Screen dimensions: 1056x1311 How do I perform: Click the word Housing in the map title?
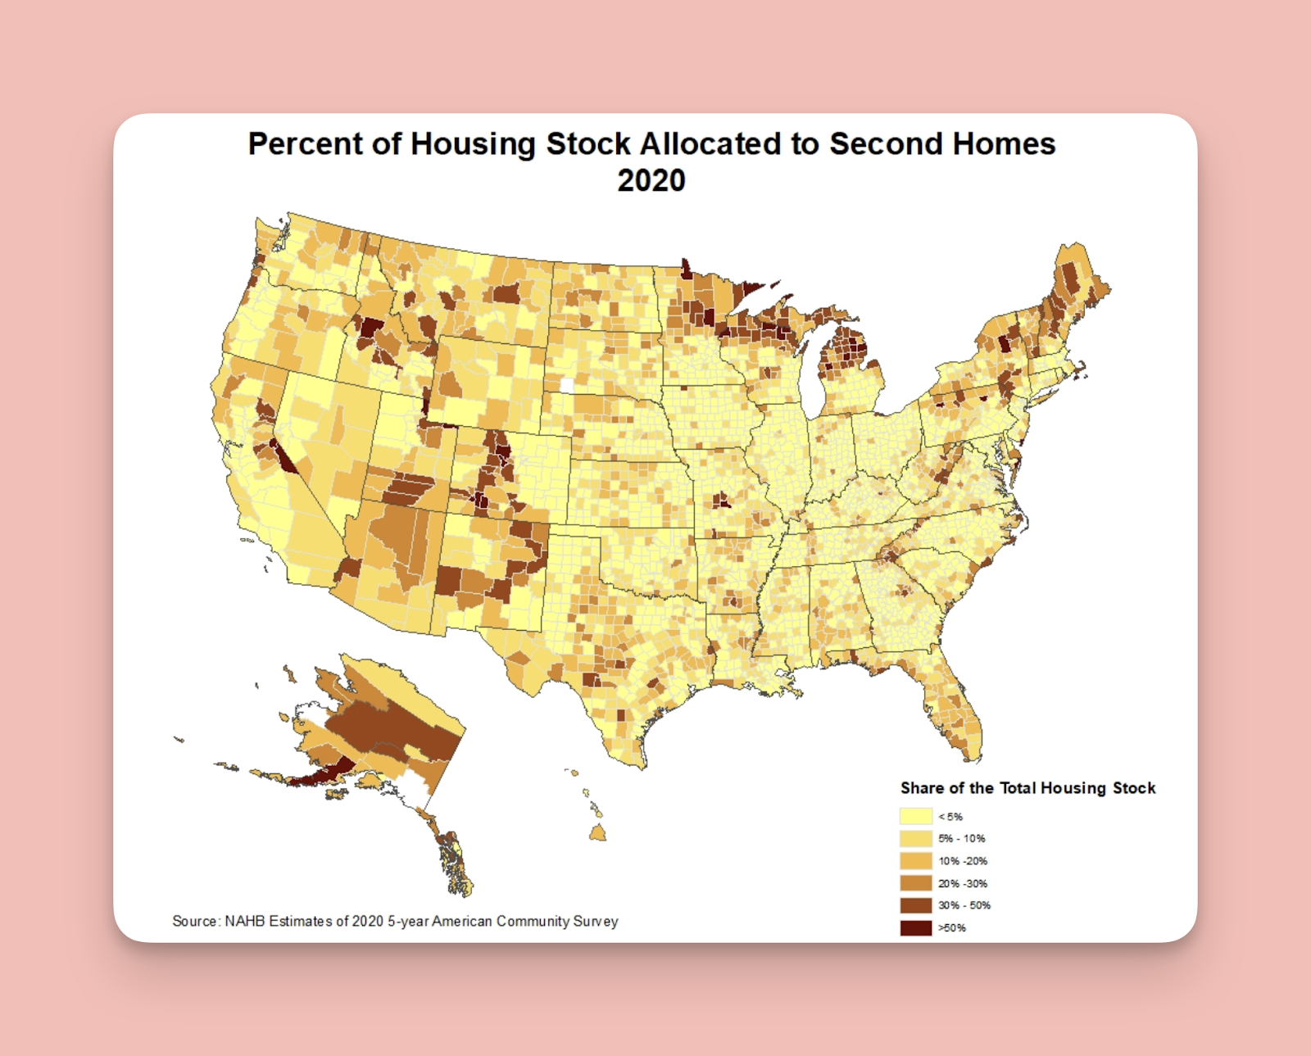(473, 144)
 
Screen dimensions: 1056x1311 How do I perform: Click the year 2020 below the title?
(651, 181)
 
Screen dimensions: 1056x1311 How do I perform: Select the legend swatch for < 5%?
(915, 816)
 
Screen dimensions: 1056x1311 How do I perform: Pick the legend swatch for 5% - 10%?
(915, 838)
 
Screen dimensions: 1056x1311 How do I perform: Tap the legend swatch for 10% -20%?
(915, 861)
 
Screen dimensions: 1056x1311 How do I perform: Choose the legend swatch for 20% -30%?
(915, 883)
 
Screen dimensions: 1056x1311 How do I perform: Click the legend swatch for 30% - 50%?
(915, 905)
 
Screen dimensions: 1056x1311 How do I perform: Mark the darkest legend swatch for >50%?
(915, 927)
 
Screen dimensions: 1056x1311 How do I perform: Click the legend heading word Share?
(922, 788)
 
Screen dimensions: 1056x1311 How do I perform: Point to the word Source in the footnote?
(194, 921)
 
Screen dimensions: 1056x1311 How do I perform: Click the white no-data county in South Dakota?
(566, 386)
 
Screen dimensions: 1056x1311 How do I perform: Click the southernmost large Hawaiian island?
(597, 833)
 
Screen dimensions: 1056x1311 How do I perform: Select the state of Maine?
(1073, 287)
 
